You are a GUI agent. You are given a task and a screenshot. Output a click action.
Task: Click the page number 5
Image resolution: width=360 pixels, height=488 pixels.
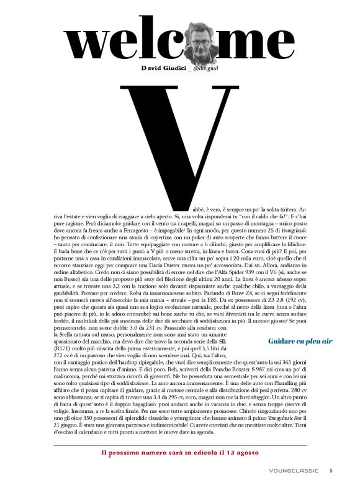tap(331, 470)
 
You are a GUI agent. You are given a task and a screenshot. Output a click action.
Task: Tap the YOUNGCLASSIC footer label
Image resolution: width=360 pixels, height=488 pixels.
tap(294, 471)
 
